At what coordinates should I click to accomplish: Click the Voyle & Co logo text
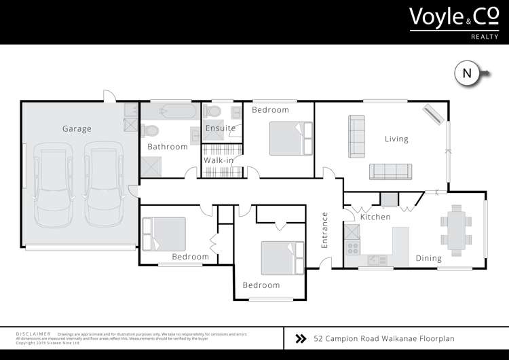click(450, 18)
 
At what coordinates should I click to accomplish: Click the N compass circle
click(466, 73)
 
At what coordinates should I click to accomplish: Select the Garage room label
click(77, 128)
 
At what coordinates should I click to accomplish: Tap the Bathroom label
click(168, 147)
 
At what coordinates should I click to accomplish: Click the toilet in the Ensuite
click(213, 111)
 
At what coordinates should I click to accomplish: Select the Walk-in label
click(219, 160)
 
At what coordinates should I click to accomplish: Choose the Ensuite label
click(221, 128)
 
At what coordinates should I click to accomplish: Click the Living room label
click(396, 139)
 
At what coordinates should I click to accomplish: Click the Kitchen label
click(375, 217)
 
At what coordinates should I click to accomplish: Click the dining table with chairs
click(455, 230)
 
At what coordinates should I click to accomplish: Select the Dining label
click(428, 258)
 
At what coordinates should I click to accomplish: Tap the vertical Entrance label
click(324, 230)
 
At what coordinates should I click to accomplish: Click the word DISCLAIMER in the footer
click(33, 334)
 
